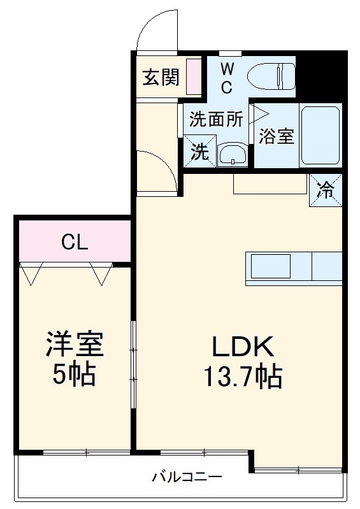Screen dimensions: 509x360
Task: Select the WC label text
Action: coord(227,78)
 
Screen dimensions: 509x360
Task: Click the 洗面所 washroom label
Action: coord(216,119)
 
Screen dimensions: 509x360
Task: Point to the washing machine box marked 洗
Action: coord(199,153)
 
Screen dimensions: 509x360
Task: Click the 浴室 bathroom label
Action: coord(277,136)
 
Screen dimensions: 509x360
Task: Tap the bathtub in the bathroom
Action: coord(320,135)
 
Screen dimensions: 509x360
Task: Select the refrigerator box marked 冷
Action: coord(325,190)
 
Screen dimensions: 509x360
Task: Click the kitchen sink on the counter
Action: coord(270,266)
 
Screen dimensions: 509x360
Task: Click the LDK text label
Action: coord(242,347)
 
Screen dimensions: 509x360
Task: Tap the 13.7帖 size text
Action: coord(242,378)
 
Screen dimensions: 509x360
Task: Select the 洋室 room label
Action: coord(73,345)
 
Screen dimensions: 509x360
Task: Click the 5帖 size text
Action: coord(73,375)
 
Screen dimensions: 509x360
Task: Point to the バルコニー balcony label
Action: coord(187,477)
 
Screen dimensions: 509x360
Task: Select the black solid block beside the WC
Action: coord(319,76)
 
